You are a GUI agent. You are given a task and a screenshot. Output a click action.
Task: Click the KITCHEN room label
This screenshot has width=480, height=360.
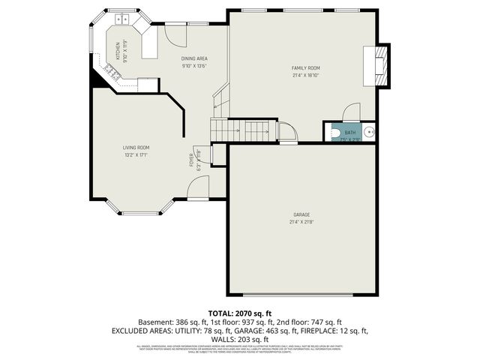pyautogui.click(x=117, y=50)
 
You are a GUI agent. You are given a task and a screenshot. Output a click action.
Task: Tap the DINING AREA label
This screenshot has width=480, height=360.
pyautogui.click(x=194, y=58)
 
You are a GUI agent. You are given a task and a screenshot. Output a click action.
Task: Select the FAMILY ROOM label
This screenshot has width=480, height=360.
pyautogui.click(x=305, y=68)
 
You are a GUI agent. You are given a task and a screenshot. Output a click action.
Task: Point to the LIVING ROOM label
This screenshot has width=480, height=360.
pyautogui.click(x=136, y=148)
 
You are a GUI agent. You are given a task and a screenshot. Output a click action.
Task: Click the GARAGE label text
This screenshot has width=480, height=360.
pyautogui.click(x=301, y=214)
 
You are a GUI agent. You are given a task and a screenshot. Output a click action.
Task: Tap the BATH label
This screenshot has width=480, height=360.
pyautogui.click(x=350, y=132)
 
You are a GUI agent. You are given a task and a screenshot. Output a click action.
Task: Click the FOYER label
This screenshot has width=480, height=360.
pyautogui.click(x=191, y=160)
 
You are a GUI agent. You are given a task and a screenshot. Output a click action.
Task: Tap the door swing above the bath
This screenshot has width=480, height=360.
pyautogui.click(x=351, y=112)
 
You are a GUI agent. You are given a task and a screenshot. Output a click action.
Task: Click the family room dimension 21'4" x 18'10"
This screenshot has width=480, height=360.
pyautogui.click(x=305, y=75)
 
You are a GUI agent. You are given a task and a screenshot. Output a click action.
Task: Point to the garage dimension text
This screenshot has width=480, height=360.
pyautogui.click(x=301, y=221)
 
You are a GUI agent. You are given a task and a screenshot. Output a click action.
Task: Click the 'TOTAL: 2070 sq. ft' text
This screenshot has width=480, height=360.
pyautogui.click(x=239, y=313)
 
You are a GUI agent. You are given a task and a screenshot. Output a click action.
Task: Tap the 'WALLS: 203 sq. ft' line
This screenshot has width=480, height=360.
pyautogui.click(x=239, y=339)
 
